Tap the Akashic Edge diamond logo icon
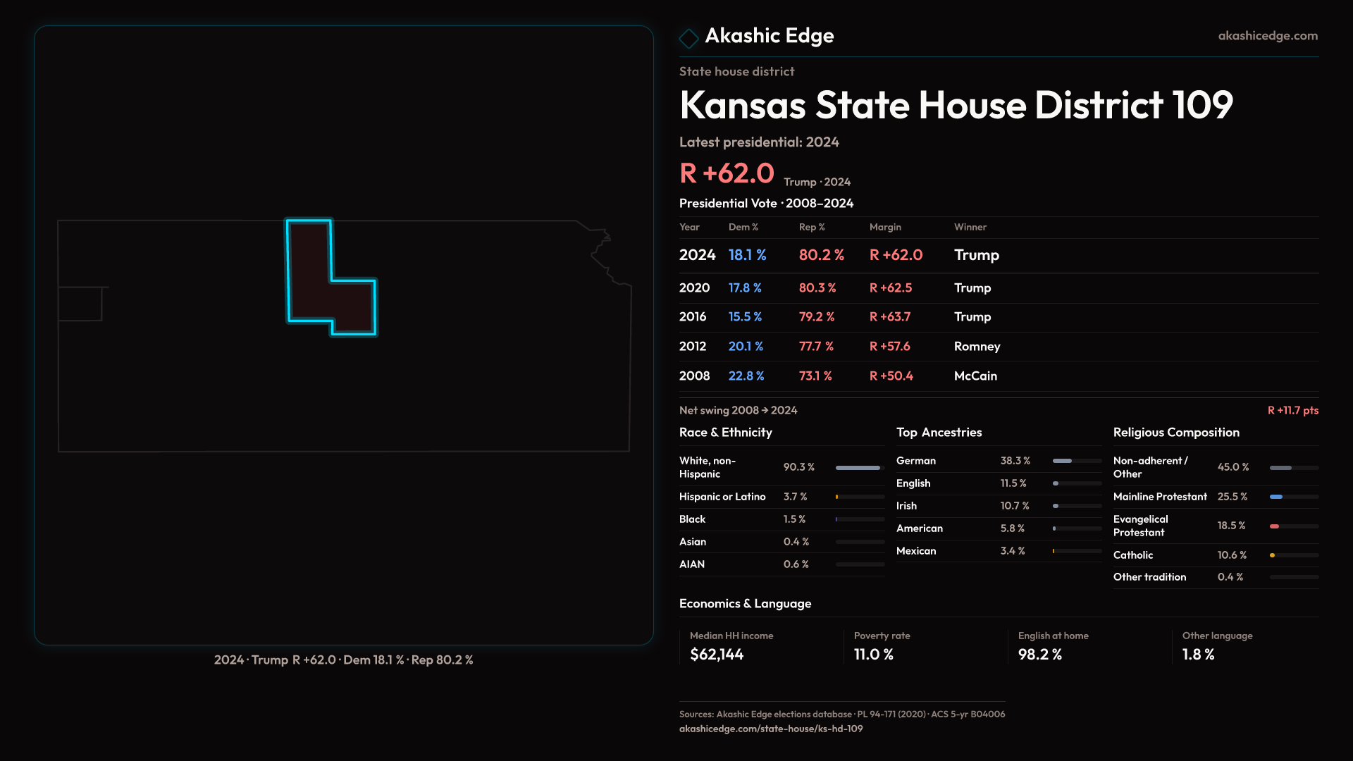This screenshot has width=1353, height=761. coord(688,38)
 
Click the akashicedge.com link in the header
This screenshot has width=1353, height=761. coord(1268,36)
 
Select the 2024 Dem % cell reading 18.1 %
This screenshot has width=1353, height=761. coord(747,255)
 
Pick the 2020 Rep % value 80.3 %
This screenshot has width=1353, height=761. coord(817,288)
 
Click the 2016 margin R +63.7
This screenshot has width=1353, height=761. coord(890,317)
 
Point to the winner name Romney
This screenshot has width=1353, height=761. coord(977,347)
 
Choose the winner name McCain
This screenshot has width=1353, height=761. coord(975,376)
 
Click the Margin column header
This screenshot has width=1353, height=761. coord(885,227)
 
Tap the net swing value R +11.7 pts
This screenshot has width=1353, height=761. coord(1292,410)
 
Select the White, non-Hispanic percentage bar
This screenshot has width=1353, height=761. coord(858,468)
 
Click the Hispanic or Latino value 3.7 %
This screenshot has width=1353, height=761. coord(795,497)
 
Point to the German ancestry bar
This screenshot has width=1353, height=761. coord(1063,461)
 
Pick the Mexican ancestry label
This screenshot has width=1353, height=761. coord(916,551)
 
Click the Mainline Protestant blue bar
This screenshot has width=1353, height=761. coord(1276,497)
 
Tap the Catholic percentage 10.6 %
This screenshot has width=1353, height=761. coord(1232,555)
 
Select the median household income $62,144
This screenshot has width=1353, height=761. coord(717,655)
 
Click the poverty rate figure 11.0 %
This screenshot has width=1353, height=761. coord(873,655)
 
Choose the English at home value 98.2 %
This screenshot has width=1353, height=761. coord(1039,655)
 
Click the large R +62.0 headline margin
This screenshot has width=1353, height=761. coord(727,173)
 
